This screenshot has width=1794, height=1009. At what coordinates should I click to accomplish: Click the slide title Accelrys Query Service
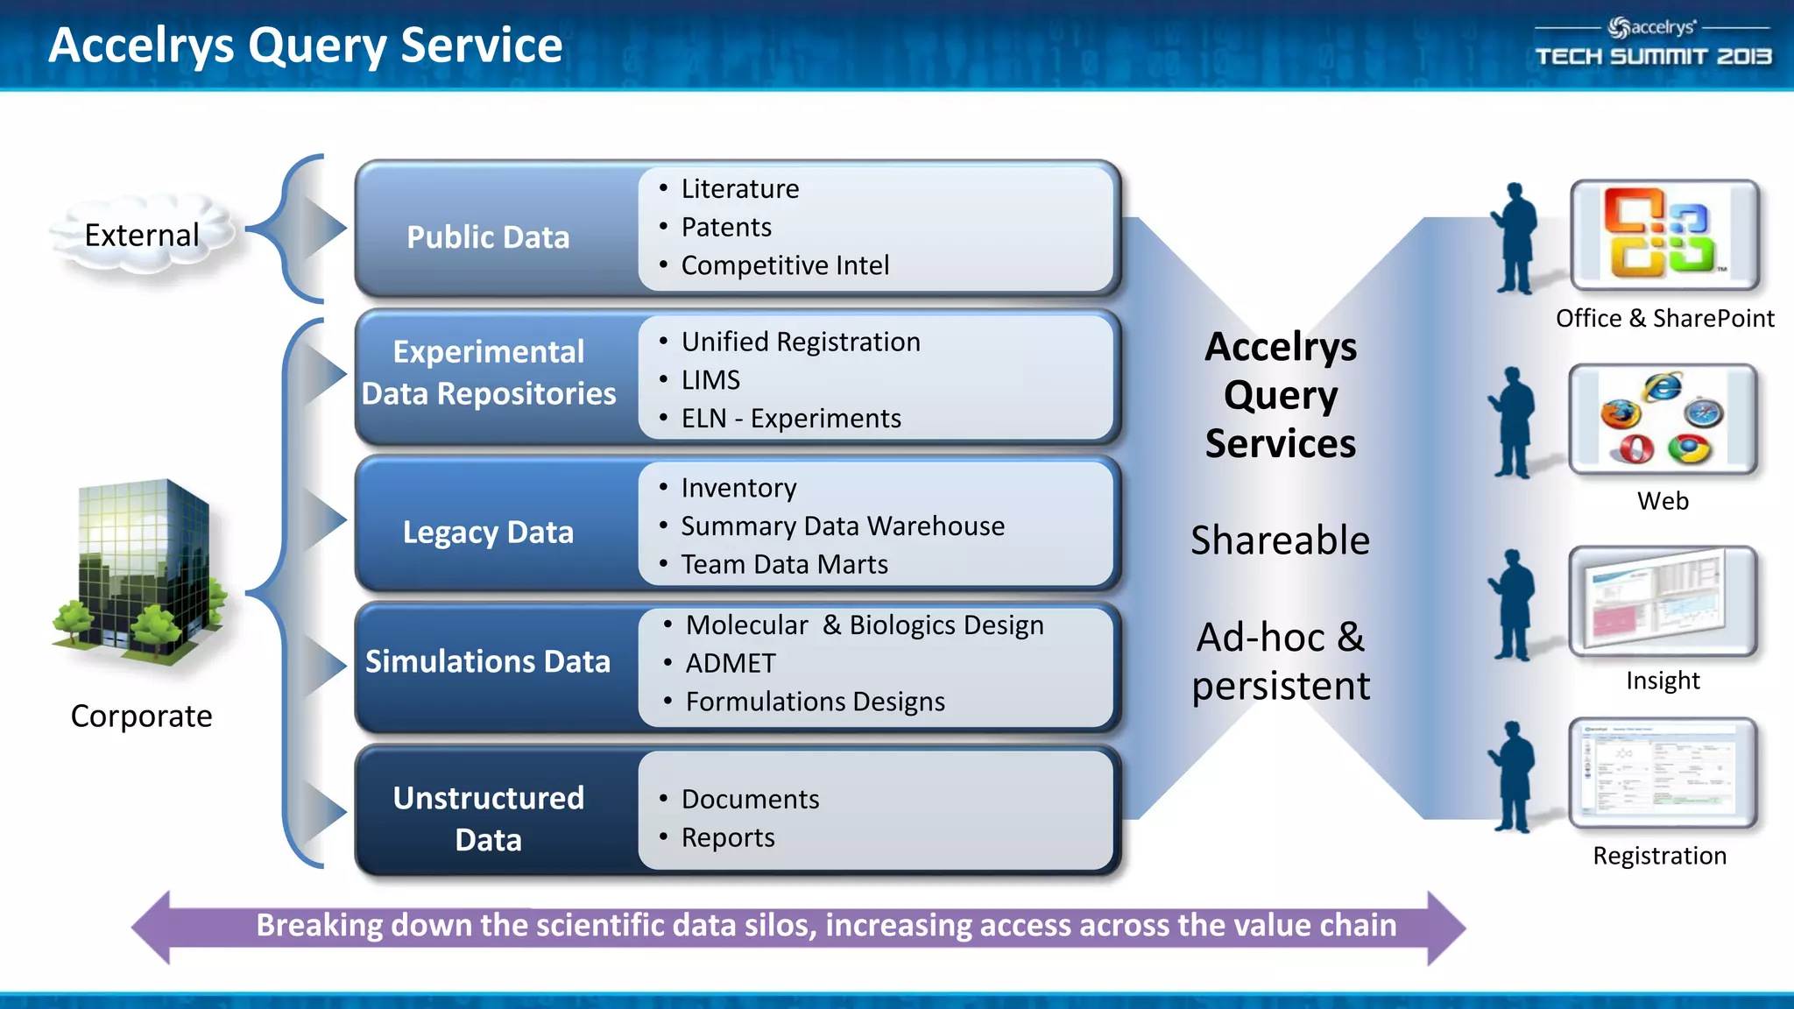(305, 46)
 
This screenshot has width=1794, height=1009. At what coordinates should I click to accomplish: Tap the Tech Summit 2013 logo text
(1652, 57)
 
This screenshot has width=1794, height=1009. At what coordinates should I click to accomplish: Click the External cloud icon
(142, 235)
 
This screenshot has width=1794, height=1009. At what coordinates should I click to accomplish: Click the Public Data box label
(488, 237)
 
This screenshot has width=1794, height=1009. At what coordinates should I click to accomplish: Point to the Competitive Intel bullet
(784, 265)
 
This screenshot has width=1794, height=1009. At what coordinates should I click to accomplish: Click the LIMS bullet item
(710, 380)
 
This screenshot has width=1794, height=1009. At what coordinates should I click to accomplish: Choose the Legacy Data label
(488, 533)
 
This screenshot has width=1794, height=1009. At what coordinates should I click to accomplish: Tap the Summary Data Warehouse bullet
(842, 526)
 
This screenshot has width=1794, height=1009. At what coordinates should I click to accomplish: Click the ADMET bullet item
(731, 664)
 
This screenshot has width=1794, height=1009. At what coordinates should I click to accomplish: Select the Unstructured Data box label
(488, 818)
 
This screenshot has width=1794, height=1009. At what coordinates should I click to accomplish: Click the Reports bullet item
(728, 838)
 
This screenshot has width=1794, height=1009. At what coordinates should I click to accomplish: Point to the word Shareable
(1280, 540)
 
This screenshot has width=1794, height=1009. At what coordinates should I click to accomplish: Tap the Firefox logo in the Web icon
(1621, 413)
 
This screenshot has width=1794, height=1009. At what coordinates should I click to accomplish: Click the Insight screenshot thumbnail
(1663, 601)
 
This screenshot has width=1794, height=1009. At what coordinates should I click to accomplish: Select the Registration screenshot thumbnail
(1663, 773)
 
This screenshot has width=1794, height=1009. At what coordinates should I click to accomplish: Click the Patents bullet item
(725, 228)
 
